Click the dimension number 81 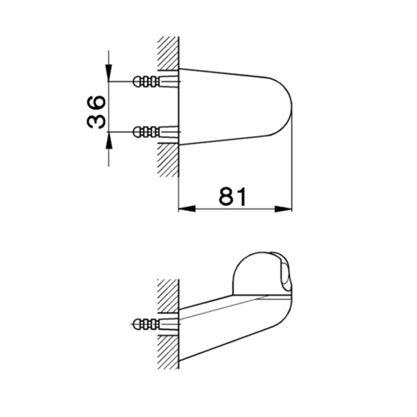(x=233, y=196)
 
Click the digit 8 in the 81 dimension (x=226, y=196)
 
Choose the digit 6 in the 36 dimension (x=96, y=102)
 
